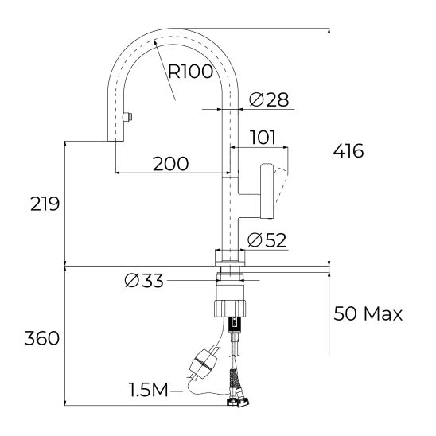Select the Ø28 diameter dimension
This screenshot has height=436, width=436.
[x=269, y=99]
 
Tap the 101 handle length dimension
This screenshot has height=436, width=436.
[x=263, y=138]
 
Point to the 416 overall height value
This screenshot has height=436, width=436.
[x=348, y=150]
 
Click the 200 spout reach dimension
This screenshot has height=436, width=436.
[x=170, y=164]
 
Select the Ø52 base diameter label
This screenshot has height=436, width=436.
[x=267, y=239]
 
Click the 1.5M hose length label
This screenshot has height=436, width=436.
[x=149, y=390]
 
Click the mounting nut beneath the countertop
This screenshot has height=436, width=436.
[x=232, y=306]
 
